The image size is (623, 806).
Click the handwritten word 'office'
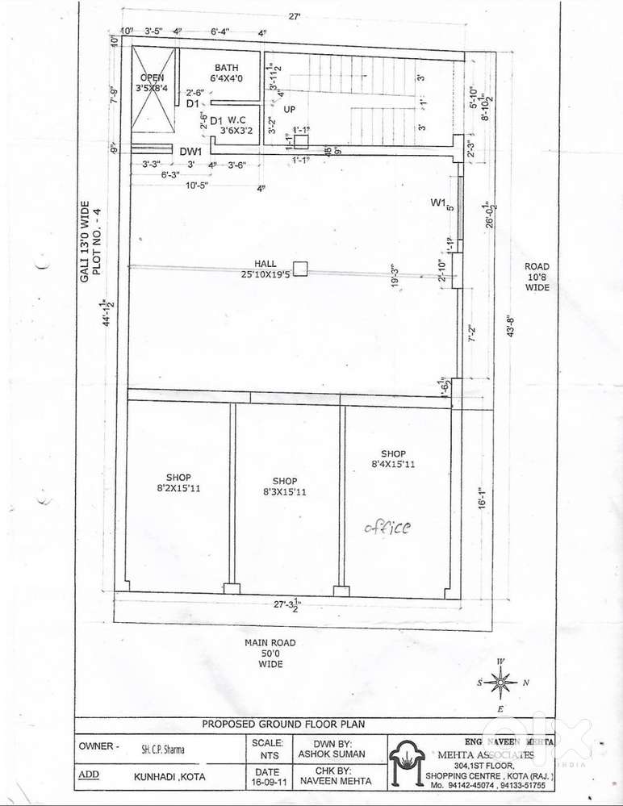387,527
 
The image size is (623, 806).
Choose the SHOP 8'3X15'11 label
284,486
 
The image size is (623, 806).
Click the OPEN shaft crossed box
153,89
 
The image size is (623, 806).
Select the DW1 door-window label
190,151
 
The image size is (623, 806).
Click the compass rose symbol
501,683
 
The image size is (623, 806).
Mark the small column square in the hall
300,269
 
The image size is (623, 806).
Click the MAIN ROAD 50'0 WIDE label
270,653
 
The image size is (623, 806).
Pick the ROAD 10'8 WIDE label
537,277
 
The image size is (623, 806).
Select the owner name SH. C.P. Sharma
162,749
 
